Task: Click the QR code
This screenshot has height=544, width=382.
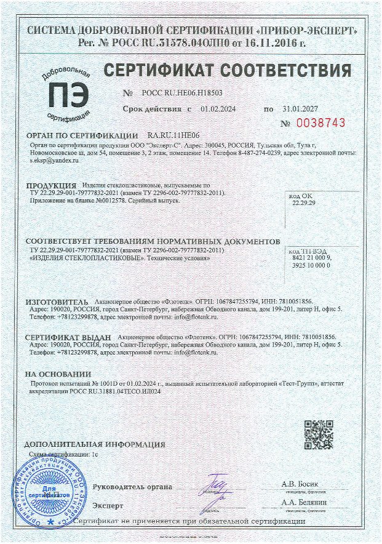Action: pos(319,434)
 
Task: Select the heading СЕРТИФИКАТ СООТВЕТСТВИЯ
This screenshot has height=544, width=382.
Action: pos(227,70)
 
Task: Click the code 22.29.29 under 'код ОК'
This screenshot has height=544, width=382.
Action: pos(303,202)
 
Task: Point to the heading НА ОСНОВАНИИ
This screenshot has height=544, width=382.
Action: pos(57,374)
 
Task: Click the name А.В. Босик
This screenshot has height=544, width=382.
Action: pos(300,484)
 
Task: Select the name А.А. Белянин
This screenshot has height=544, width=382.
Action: pos(300,503)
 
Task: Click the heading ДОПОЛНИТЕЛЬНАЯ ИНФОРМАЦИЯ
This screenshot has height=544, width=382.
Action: pos(94,444)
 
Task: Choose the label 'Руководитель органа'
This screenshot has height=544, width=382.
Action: pos(132,487)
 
